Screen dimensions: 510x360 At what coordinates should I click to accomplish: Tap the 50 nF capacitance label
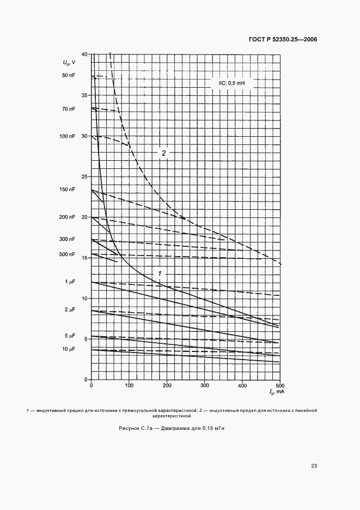point(69,75)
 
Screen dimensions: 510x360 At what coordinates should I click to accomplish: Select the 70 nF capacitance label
point(69,109)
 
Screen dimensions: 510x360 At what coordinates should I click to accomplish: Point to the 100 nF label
point(68,136)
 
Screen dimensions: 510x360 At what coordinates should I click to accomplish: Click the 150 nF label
point(68,190)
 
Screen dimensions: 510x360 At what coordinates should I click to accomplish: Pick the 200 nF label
point(68,217)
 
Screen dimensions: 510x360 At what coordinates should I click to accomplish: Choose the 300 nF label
point(68,239)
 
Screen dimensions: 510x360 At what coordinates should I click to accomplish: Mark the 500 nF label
point(68,254)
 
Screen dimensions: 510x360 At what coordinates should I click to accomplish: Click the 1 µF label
point(70,282)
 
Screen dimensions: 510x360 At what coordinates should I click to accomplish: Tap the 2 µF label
point(70,309)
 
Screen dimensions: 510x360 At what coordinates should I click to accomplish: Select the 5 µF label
point(70,336)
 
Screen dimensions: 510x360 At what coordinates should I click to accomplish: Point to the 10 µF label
point(69,349)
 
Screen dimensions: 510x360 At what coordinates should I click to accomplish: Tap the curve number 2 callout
point(163,153)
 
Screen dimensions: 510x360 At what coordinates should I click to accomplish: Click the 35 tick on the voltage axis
point(84,95)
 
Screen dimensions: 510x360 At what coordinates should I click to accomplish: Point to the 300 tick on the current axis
point(204,386)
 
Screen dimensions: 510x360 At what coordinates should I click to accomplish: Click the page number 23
point(314,466)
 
